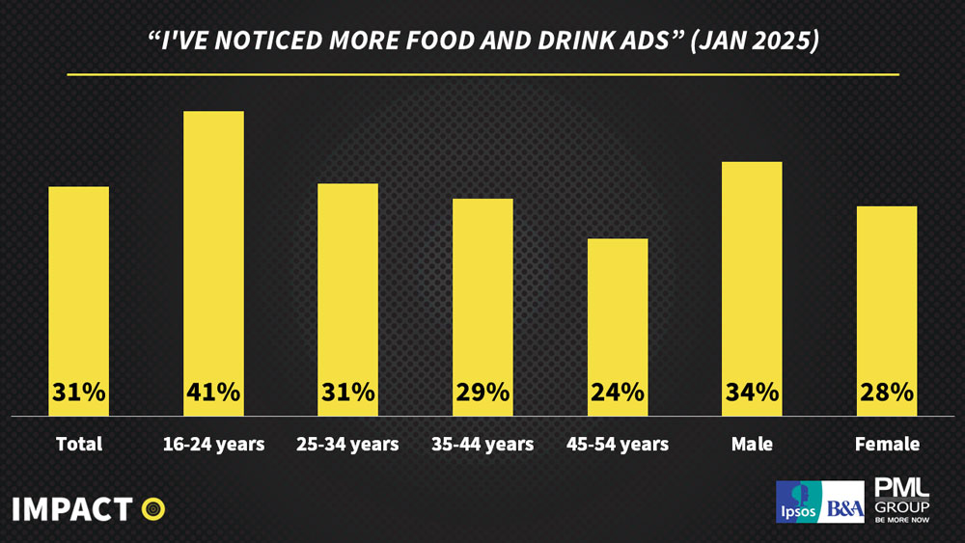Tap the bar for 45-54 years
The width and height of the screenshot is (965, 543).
click(x=618, y=309)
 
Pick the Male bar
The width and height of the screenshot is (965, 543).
click(x=753, y=270)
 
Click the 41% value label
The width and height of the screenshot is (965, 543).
click(x=213, y=393)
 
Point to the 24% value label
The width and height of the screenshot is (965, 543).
click(x=618, y=393)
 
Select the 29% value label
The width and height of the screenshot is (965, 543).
click(x=482, y=393)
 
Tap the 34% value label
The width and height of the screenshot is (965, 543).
click(x=753, y=393)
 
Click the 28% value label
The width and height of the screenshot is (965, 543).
click(x=887, y=393)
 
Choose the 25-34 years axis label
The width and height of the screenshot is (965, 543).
click(x=347, y=445)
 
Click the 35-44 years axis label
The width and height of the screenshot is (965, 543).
click(x=482, y=445)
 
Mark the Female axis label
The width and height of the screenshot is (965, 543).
click(x=887, y=445)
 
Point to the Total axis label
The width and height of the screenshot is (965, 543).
click(x=78, y=445)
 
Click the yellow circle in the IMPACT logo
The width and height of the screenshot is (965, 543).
click(x=153, y=507)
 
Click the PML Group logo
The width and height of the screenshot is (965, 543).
click(x=901, y=499)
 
